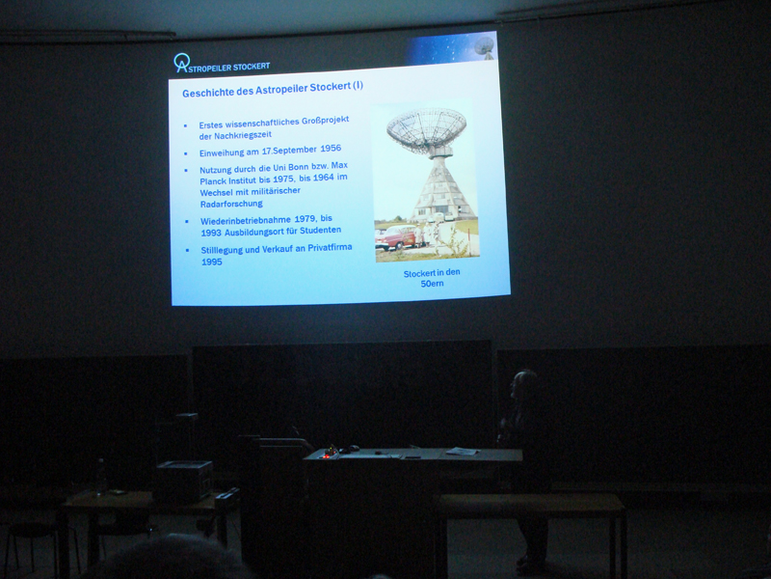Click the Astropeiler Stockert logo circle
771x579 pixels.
click(x=181, y=61)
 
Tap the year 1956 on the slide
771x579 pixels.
click(x=331, y=149)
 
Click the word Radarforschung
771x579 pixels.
click(x=231, y=204)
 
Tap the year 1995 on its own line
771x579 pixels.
click(x=211, y=262)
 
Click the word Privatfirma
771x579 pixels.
click(x=330, y=247)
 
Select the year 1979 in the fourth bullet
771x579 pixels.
click(x=305, y=219)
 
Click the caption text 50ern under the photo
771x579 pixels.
click(x=432, y=284)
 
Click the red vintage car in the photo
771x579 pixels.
click(x=396, y=237)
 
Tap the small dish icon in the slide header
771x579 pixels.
click(x=485, y=48)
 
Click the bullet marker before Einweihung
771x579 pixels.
click(x=186, y=153)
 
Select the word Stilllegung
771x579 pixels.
click(x=223, y=250)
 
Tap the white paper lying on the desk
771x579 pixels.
click(x=462, y=451)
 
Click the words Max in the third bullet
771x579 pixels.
click(x=339, y=165)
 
